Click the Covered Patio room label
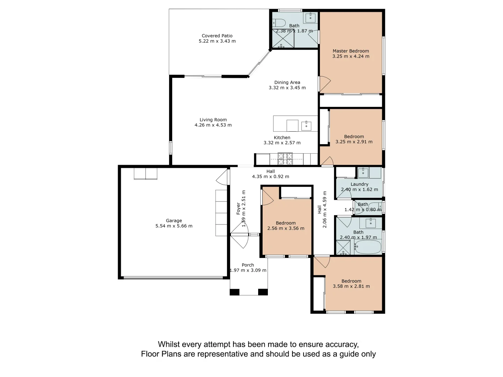(x=217, y=36)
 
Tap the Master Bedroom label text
(x=351, y=51)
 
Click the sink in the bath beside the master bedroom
(x=311, y=17)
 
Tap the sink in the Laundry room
(x=363, y=173)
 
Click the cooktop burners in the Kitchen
(x=285, y=159)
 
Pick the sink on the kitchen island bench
(x=306, y=126)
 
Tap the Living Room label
(x=213, y=120)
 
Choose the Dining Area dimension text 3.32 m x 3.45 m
(x=287, y=88)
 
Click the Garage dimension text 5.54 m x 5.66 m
(x=174, y=226)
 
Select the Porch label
(x=248, y=265)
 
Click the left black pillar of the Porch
(x=235, y=292)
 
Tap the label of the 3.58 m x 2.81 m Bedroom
(x=351, y=281)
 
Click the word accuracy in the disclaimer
(x=341, y=345)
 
